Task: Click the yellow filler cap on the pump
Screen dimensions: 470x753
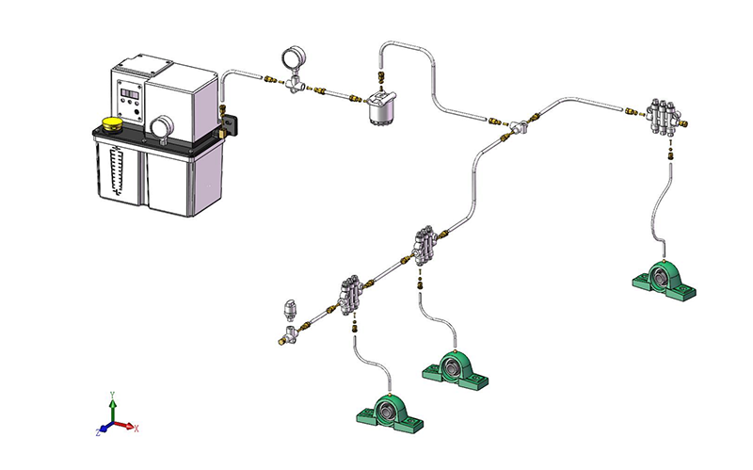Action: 112,123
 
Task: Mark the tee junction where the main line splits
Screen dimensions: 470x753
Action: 519,126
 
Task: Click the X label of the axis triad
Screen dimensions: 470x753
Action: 136,429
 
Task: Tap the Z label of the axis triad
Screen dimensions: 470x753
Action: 97,431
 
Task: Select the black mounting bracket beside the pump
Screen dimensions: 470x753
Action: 230,125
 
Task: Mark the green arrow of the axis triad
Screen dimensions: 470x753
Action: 113,410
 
